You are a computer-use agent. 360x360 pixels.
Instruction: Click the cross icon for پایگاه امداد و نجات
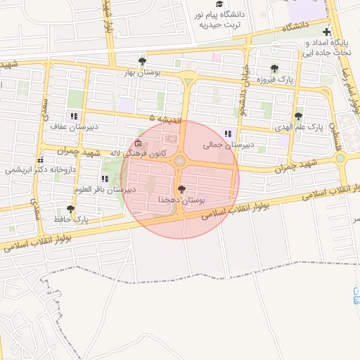click(x=326, y=32)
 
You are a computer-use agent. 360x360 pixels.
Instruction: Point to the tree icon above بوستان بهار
click(x=143, y=62)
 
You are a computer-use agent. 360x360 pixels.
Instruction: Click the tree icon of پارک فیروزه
click(x=274, y=69)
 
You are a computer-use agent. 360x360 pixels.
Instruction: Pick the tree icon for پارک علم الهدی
click(x=299, y=117)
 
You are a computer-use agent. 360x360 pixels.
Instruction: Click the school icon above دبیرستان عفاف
click(x=73, y=117)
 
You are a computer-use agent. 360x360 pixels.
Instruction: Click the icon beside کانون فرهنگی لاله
click(x=137, y=145)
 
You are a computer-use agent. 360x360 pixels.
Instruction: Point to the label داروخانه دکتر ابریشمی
click(x=39, y=169)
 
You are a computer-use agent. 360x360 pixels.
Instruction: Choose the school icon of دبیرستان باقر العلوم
click(x=105, y=179)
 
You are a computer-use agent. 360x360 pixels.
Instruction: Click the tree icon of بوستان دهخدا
click(x=182, y=189)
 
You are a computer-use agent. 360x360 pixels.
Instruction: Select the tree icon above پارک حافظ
click(x=70, y=209)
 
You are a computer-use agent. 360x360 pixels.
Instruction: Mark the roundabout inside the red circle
click(x=180, y=162)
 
